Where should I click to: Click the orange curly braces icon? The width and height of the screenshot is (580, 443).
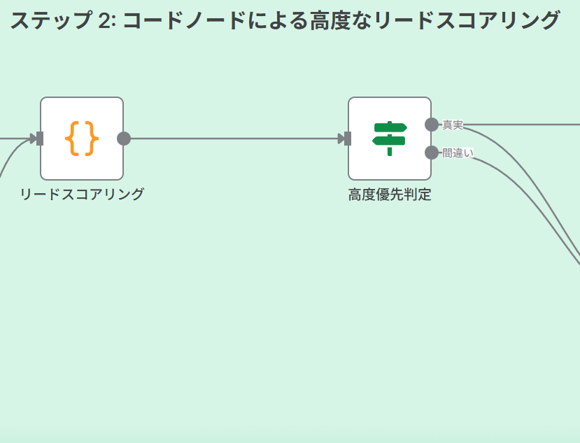(x=82, y=139)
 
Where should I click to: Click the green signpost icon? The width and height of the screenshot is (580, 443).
(x=390, y=139)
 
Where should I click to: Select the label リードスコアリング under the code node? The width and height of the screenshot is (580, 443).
(x=82, y=195)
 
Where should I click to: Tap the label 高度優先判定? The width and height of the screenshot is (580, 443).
(x=390, y=195)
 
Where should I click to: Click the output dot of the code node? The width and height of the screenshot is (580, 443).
(x=124, y=139)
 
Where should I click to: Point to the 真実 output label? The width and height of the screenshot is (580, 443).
(x=453, y=125)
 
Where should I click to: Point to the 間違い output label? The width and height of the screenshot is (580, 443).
(x=458, y=153)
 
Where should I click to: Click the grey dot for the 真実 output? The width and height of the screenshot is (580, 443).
(x=432, y=125)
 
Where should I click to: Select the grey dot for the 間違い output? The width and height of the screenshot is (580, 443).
(x=432, y=153)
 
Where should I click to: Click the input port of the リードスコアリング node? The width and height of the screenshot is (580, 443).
(x=41, y=139)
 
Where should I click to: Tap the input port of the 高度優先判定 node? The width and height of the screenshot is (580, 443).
(x=348, y=139)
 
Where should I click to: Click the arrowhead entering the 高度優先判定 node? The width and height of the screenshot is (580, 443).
(x=341, y=139)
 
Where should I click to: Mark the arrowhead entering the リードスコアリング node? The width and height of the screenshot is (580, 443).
(x=33, y=139)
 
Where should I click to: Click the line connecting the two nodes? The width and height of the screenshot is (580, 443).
(x=234, y=139)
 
